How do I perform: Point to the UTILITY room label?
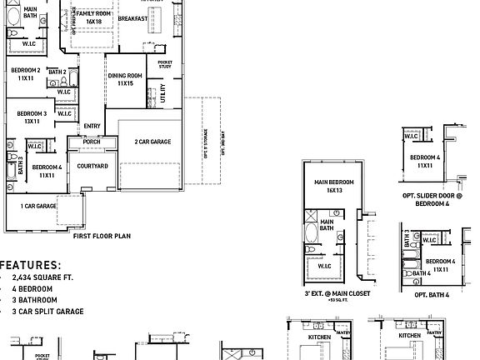[162, 92]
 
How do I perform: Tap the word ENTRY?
[92, 127]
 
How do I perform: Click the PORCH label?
[92, 142]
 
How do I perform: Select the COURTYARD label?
[92, 167]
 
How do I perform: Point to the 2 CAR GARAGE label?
[152, 142]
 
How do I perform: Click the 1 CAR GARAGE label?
[38, 205]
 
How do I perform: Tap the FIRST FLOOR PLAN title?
[102, 237]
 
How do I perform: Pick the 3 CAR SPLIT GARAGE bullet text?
[48, 311]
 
